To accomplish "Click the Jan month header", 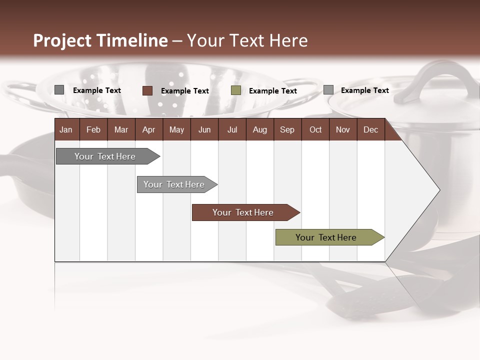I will (x=66, y=129).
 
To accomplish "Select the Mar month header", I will (x=121, y=129).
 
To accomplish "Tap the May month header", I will (x=176, y=129).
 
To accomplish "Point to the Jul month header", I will (x=232, y=129).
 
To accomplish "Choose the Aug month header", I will (x=259, y=129).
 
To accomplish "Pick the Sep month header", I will (x=287, y=129).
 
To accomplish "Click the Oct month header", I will (x=315, y=129).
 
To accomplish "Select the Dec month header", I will (x=370, y=129).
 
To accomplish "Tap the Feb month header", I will (x=93, y=129).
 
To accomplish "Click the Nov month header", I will (x=342, y=129).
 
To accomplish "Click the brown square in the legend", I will (x=147, y=90).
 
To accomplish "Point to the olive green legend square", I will (x=236, y=90).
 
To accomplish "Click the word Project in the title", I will (x=62, y=41).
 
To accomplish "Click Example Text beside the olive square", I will (x=272, y=91).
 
